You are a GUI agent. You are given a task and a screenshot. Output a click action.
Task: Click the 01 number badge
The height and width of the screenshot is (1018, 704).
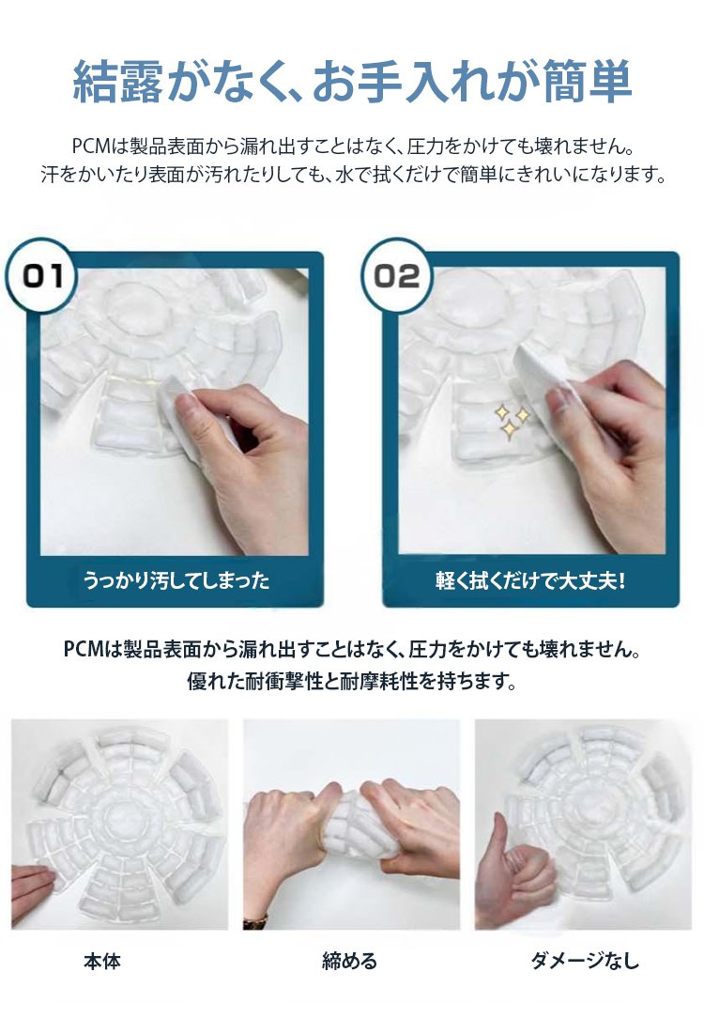pyautogui.click(x=42, y=276)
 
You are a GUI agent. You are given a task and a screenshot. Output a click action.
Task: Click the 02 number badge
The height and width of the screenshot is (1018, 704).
pyautogui.click(x=397, y=276)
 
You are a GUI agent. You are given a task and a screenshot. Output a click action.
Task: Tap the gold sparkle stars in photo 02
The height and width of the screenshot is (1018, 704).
pyautogui.click(x=512, y=420)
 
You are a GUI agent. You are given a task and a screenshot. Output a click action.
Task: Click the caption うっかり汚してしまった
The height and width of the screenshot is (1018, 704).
pyautogui.click(x=176, y=579)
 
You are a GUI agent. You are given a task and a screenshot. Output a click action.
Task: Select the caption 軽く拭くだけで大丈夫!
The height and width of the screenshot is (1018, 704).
pyautogui.click(x=530, y=579)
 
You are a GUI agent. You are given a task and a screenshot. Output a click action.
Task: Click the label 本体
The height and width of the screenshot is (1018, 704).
pyautogui.click(x=102, y=961)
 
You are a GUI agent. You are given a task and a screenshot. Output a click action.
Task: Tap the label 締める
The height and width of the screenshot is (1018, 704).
pyautogui.click(x=349, y=961)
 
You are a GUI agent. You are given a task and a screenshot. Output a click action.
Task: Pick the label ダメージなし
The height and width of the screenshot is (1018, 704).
pyautogui.click(x=584, y=960)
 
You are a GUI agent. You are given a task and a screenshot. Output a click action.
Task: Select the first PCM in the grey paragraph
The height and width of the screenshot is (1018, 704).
pyautogui.click(x=91, y=147)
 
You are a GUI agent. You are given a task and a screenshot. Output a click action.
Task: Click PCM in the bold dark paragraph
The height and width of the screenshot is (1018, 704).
pyautogui.click(x=84, y=649)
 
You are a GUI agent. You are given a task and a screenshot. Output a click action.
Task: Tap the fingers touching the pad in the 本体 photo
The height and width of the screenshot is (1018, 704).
pyautogui.click(x=33, y=888)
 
